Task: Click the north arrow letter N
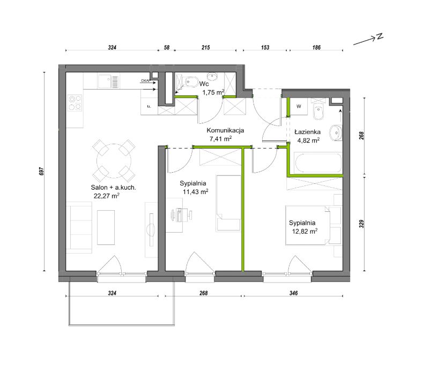click(380, 36)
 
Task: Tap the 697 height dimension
click(41, 172)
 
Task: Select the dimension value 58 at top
click(167, 48)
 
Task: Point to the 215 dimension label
click(205, 48)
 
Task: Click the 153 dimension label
click(265, 48)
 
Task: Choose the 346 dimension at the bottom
click(293, 293)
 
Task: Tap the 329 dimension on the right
click(361, 224)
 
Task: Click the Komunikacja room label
click(225, 130)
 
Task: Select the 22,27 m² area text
click(107, 196)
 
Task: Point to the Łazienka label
click(308, 132)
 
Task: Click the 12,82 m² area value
click(305, 231)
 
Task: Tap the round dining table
click(114, 161)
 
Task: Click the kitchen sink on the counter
click(108, 81)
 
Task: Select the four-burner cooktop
click(75, 102)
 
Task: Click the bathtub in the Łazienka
click(318, 163)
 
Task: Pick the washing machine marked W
click(299, 107)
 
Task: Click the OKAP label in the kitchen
click(146, 80)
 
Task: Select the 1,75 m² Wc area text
click(213, 93)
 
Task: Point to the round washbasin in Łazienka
click(336, 133)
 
